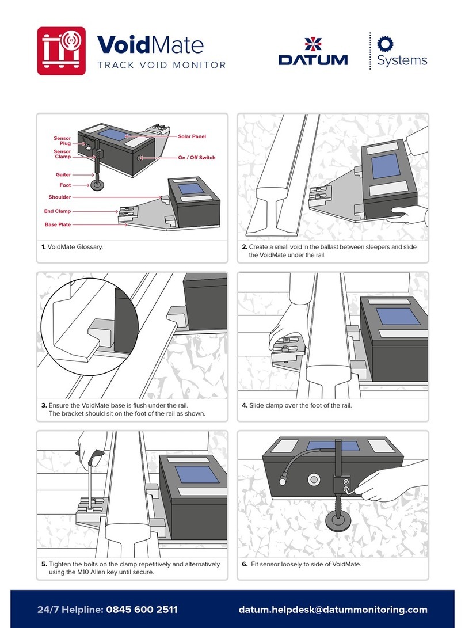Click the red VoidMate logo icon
point(62,51)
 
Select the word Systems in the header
point(402,60)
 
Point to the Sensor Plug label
point(62,141)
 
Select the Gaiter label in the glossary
point(63,174)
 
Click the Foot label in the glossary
point(65,185)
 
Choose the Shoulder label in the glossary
point(60,197)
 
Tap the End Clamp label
point(58,211)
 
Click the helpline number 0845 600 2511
point(140,610)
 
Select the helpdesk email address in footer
point(333,610)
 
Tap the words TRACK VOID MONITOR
point(162,65)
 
